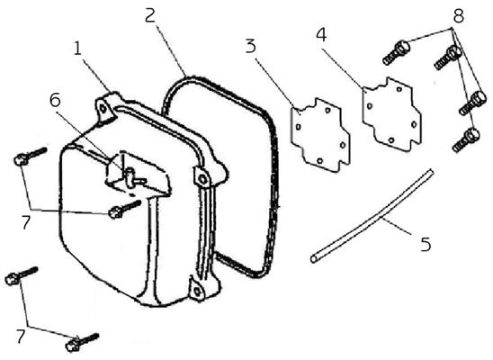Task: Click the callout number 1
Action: tap(77, 48)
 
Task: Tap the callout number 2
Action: tap(150, 15)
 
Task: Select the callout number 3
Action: tap(251, 46)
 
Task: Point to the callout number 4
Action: tap(321, 34)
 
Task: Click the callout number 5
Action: tap(426, 244)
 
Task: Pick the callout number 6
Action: tap(55, 100)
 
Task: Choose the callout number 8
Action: tap(459, 15)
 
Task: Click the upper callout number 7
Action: tap(26, 222)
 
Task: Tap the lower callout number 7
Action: tap(21, 336)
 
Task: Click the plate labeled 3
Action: tap(320, 135)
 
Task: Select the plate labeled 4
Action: tap(391, 114)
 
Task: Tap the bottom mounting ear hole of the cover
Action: tap(196, 291)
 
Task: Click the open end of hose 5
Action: tap(313, 259)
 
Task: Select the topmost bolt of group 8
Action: tap(396, 53)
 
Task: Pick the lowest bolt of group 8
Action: tap(466, 139)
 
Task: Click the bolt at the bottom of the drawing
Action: tap(83, 342)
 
